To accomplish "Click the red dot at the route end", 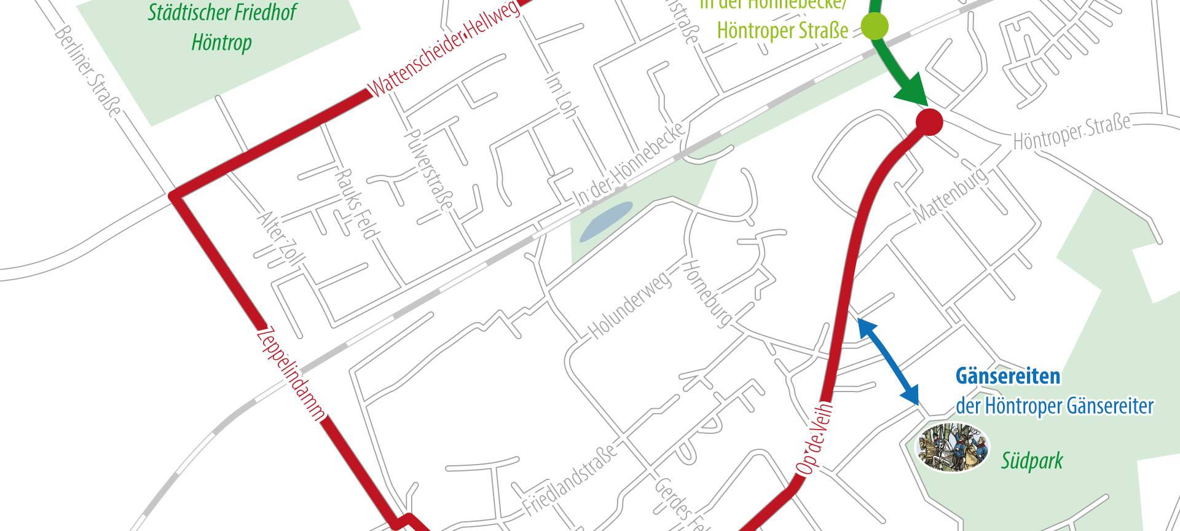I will click(929, 122).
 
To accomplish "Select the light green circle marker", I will click(874, 27).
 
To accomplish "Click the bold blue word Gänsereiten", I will click(1008, 376).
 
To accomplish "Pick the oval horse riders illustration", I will click(954, 446).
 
